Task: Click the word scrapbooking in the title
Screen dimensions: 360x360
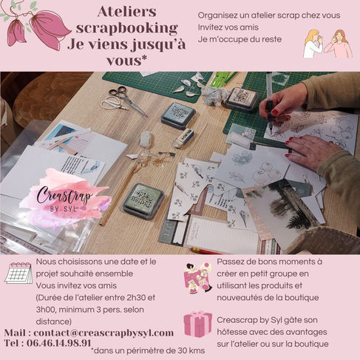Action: coord(127,29)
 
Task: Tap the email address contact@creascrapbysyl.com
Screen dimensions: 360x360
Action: coord(103,333)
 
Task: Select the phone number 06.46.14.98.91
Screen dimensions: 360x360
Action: coord(59,343)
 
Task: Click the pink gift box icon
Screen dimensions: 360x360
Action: coord(197,324)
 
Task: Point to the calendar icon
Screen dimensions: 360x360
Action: coord(18,273)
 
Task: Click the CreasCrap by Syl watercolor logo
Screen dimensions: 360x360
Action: coord(64,197)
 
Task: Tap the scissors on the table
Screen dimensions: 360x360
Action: coord(123,101)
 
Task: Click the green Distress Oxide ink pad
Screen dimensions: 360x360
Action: coord(144,200)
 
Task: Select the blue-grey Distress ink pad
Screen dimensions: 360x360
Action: coord(178,115)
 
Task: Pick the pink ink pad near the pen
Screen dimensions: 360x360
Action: coord(242,99)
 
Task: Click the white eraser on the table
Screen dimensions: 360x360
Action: coord(183,137)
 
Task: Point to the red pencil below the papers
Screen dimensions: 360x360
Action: coord(206,251)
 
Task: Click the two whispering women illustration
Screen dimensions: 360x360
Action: coord(328,44)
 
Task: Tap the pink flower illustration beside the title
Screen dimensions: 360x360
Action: coord(37,26)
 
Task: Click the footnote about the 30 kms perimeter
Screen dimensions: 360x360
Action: coord(148,350)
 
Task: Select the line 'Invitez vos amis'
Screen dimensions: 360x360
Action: coord(228,27)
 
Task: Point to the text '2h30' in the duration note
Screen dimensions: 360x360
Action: coord(136,298)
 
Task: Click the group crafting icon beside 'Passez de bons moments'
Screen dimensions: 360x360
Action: coord(197,278)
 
